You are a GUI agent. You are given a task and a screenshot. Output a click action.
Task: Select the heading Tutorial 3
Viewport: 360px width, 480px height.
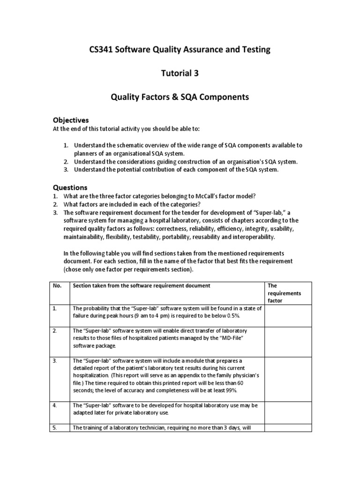[180, 73]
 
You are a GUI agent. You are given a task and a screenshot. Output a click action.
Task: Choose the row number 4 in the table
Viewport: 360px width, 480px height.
[55, 405]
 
